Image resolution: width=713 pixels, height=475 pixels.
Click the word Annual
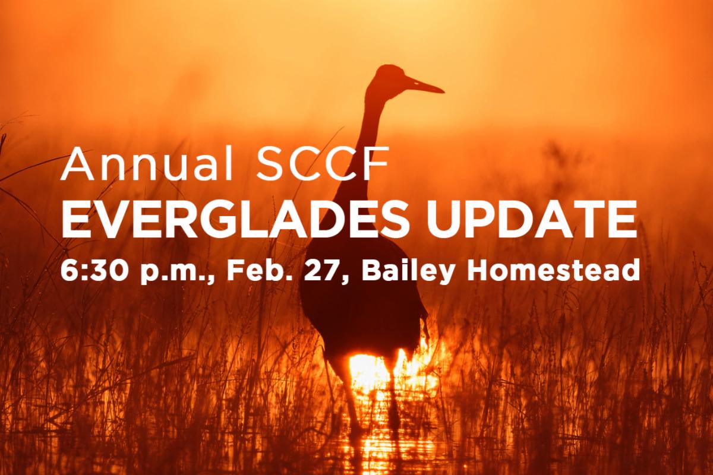point(147,164)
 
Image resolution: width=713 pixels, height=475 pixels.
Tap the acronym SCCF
point(324,164)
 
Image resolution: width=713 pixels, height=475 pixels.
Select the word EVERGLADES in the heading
point(234,220)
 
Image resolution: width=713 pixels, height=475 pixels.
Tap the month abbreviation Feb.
point(258,270)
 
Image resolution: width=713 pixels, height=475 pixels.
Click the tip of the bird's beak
point(444,92)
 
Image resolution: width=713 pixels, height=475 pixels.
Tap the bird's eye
point(415,83)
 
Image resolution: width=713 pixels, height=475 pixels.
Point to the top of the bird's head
point(387,65)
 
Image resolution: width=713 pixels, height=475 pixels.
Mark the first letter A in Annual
point(78,164)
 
